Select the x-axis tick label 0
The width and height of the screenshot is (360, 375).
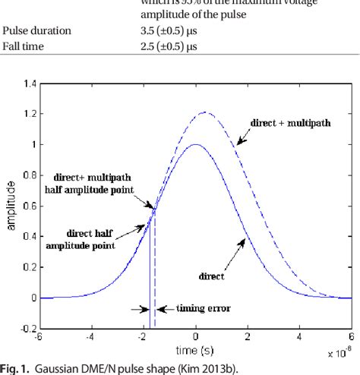tap(195, 339)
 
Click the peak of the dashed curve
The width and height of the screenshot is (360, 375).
tap(203, 112)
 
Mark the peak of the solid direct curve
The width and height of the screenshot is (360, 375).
tap(195, 144)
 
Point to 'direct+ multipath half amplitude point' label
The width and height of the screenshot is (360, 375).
tap(97, 182)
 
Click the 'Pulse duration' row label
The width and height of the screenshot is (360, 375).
tap(37, 30)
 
